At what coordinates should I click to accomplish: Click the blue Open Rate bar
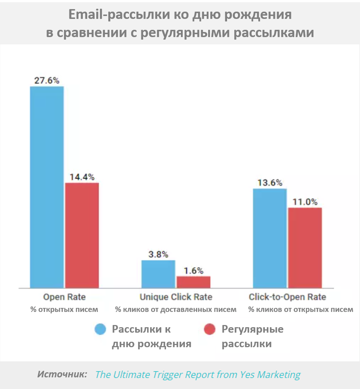click(x=47, y=187)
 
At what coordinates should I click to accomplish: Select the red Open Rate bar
click(x=82, y=235)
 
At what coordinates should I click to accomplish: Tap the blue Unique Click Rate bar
click(x=158, y=274)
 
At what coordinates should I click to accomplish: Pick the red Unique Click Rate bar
click(x=193, y=282)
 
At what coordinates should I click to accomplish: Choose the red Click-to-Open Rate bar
click(x=305, y=248)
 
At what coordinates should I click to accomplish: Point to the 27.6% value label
click(x=47, y=80)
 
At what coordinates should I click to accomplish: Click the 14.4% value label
click(x=82, y=177)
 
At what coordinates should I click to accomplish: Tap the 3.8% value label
click(x=158, y=254)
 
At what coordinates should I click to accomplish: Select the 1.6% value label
click(x=193, y=270)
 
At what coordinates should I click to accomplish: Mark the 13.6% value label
click(x=270, y=183)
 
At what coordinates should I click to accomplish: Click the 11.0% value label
click(x=305, y=202)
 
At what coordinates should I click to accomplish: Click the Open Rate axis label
click(x=64, y=297)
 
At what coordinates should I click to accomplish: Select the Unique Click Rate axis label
click(x=176, y=297)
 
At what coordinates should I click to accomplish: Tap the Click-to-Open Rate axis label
click(x=287, y=297)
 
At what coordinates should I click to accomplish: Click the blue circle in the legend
click(x=100, y=329)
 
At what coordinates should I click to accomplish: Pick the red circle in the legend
click(x=210, y=329)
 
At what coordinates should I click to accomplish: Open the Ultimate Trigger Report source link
click(x=198, y=375)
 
